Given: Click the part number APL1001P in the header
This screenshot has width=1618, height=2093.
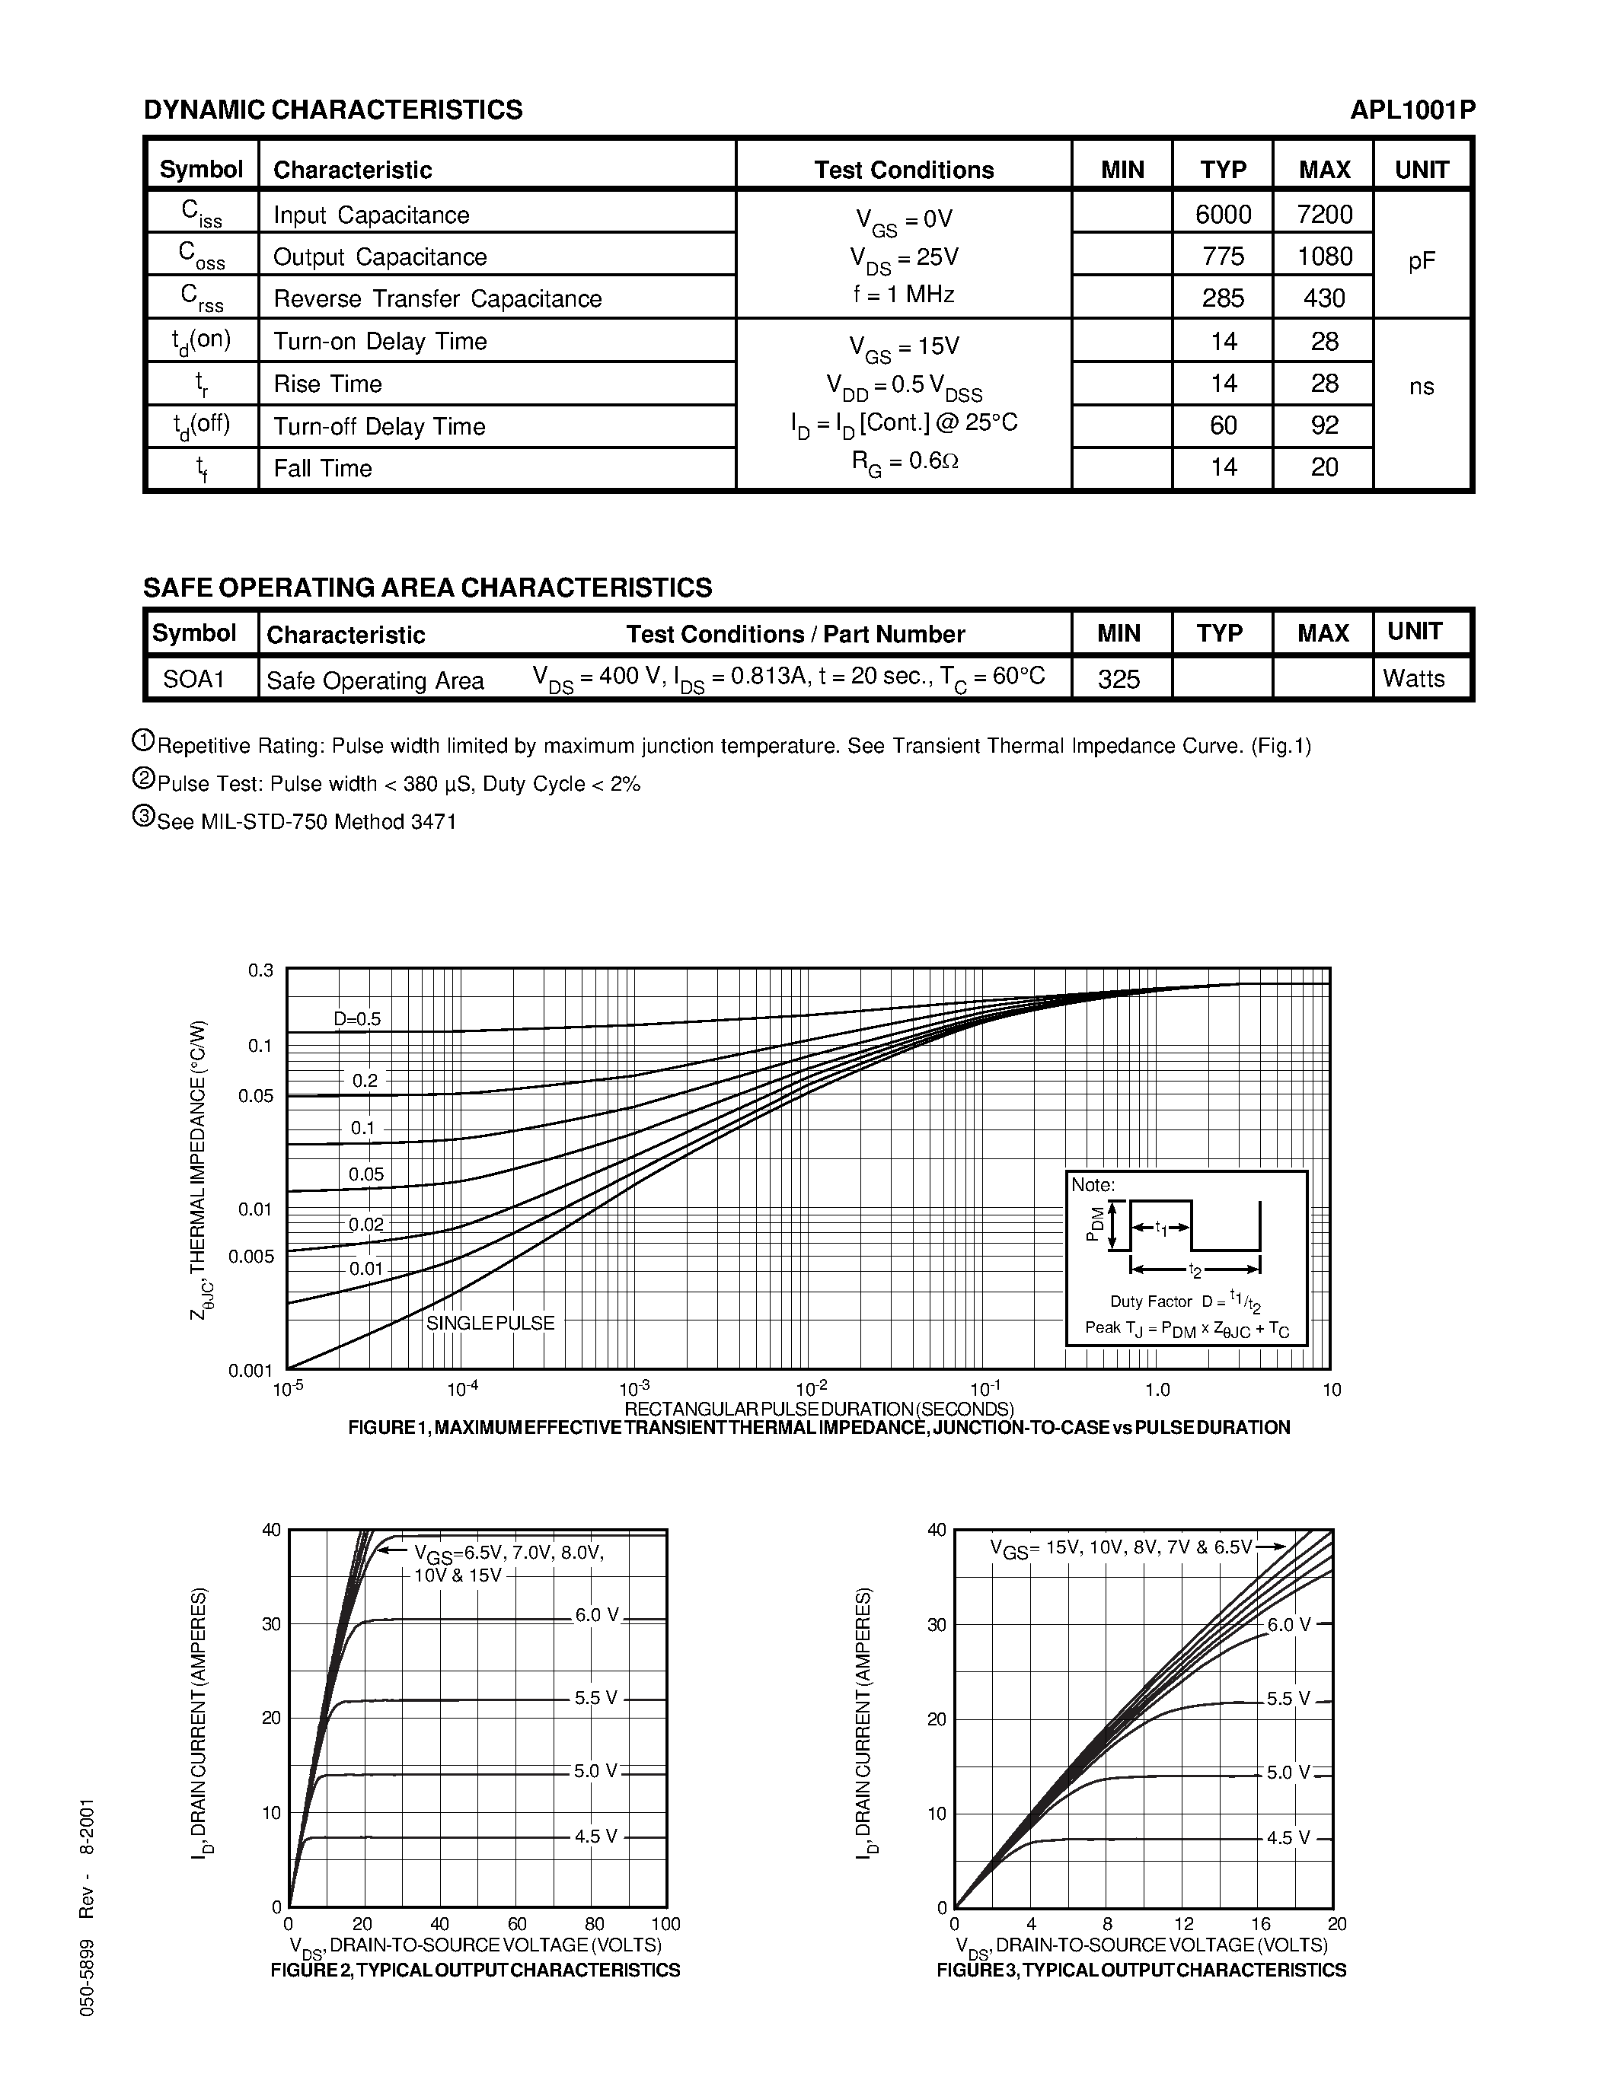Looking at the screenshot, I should [1412, 110].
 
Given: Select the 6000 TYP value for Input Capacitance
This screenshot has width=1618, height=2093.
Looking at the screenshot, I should [1223, 214].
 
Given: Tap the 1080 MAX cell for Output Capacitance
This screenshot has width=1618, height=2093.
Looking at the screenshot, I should [1324, 256].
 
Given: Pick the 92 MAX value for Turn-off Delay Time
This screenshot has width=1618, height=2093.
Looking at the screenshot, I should [1324, 425].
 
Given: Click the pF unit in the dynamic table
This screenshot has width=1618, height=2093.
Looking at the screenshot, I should [1422, 260].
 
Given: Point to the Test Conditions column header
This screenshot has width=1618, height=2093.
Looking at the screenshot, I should [903, 170].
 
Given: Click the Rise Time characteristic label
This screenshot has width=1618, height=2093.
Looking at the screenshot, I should [328, 384].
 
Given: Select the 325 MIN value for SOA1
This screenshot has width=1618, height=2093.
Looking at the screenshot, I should [1119, 680].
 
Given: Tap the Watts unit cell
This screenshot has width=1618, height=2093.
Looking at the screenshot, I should [1413, 678].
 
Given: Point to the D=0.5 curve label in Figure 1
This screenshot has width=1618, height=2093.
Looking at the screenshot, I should [356, 1018].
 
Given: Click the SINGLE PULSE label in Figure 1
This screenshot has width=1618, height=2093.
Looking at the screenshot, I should [490, 1323].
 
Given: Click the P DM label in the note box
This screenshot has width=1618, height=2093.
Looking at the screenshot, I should [1093, 1225].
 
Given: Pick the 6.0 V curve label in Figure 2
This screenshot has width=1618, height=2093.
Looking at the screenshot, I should [597, 1615].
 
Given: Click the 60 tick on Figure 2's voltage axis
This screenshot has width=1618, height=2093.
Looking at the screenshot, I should [517, 1923].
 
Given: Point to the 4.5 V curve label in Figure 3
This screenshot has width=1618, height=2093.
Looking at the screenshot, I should [1288, 1837].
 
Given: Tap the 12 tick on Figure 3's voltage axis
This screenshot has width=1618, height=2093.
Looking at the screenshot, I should [1184, 1923].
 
